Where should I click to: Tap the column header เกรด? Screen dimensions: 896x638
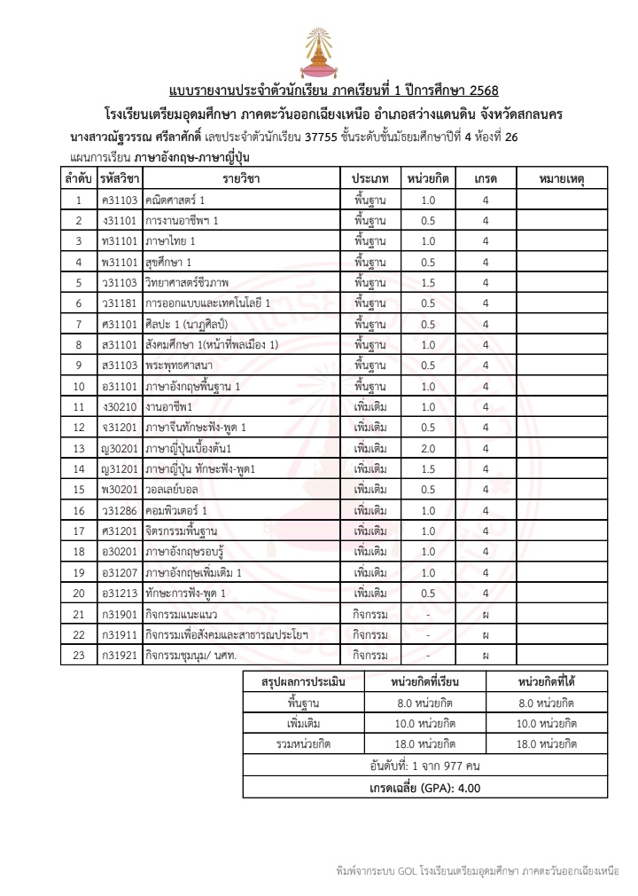pyautogui.click(x=486, y=178)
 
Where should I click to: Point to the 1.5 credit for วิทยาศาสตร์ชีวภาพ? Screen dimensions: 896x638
pyautogui.click(x=427, y=282)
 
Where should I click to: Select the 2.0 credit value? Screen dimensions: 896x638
pyautogui.click(x=427, y=448)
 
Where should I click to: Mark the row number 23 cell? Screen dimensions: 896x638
pyautogui.click(x=79, y=656)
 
